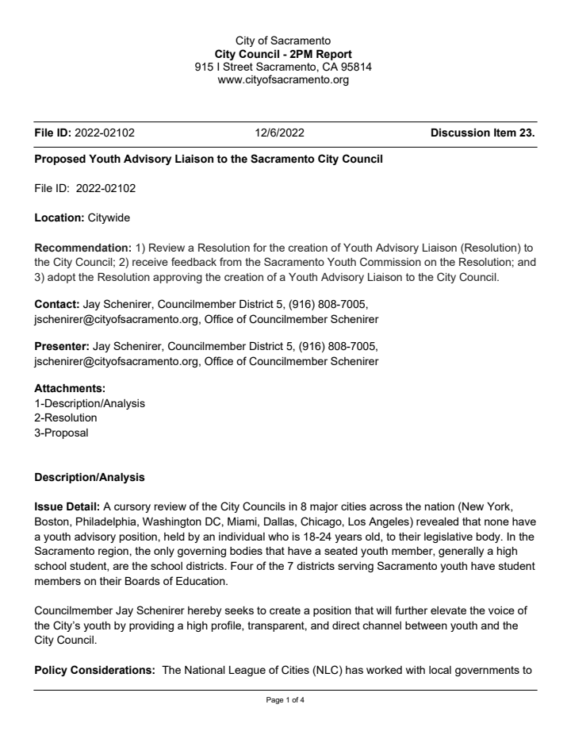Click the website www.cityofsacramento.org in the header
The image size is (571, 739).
283,79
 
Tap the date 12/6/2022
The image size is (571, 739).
280,133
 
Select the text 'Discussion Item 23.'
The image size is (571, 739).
482,133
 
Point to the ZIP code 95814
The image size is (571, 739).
355,67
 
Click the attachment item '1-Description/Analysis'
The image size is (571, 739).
90,403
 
